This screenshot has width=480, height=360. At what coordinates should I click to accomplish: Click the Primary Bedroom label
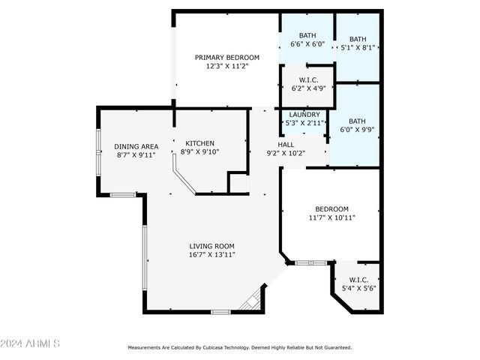[x=226, y=58]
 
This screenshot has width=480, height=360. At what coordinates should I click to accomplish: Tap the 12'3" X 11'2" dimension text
[x=226, y=67]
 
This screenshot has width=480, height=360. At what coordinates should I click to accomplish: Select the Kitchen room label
[x=200, y=143]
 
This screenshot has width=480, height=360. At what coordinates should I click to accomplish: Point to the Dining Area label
[x=136, y=146]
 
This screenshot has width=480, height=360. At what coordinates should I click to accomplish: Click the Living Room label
[x=211, y=246]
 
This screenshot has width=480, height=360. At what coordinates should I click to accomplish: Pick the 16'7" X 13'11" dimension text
[x=211, y=255]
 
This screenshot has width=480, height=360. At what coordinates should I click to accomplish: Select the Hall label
[x=286, y=145]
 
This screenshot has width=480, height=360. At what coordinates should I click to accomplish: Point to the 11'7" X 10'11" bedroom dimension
[x=331, y=217]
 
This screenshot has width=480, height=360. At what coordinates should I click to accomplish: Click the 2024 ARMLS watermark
[x=30, y=343]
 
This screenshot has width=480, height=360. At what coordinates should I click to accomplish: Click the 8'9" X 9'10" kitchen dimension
[x=200, y=151]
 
